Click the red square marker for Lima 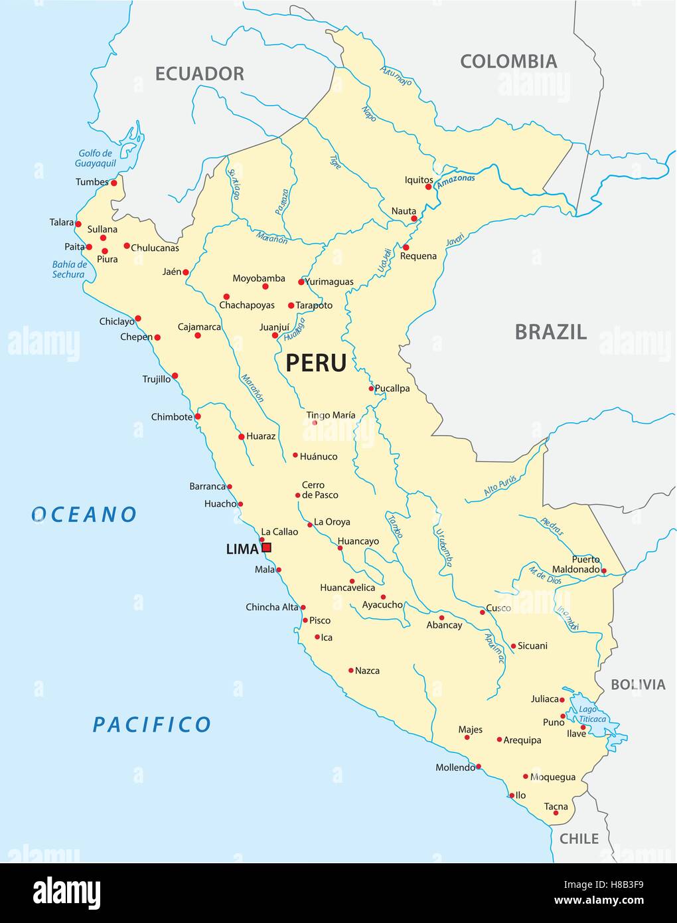point(266,548)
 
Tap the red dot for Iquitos point(429,187)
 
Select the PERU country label point(316,363)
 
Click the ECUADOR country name point(199,74)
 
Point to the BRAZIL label point(551,332)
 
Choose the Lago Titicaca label point(592,714)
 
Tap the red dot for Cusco point(483,612)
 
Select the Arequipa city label point(522,740)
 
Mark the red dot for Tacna point(556,813)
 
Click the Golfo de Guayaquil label point(95,158)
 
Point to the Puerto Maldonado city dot point(604,570)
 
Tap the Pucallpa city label point(392,388)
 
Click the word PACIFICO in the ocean point(151,724)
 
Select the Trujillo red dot point(175,376)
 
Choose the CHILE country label point(579,839)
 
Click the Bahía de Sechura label point(69,269)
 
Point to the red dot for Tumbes point(114,183)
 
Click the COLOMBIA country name point(508,62)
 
